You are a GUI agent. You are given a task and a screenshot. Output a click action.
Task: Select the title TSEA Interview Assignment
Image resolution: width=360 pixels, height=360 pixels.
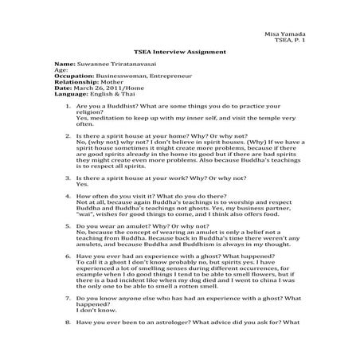pyautogui.click(x=179, y=52)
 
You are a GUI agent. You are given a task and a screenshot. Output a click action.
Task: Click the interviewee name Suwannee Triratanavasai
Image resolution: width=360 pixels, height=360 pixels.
pyautogui.click(x=123, y=62)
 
